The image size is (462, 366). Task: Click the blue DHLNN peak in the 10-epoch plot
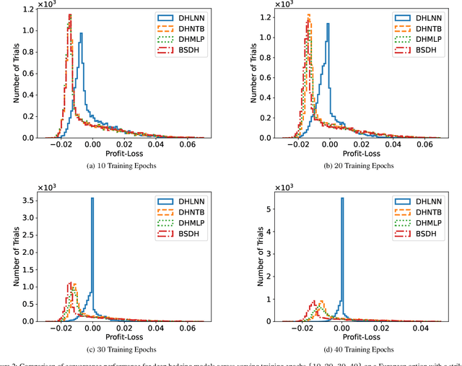[x=81, y=33]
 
